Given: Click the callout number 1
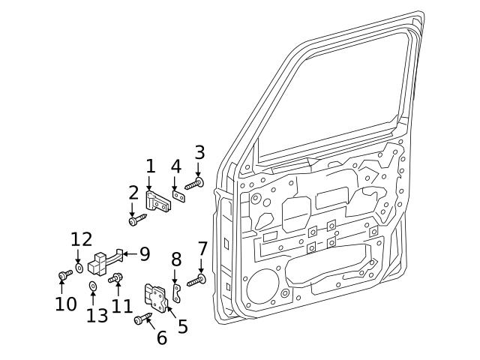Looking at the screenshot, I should [x=150, y=166].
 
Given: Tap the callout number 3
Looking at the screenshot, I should [x=199, y=153].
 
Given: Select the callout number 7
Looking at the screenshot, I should [x=202, y=248].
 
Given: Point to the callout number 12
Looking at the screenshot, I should [x=81, y=239].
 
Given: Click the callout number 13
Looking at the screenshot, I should [x=97, y=315].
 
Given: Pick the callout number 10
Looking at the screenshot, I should [x=65, y=304].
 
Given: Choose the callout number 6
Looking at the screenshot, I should [x=162, y=337].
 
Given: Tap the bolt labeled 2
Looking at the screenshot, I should [x=135, y=220].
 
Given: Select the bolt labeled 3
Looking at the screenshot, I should [x=194, y=183].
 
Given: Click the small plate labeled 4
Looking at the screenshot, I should [x=178, y=196].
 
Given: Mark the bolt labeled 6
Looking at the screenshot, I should [x=142, y=320].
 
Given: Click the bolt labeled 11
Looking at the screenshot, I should [x=116, y=278].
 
